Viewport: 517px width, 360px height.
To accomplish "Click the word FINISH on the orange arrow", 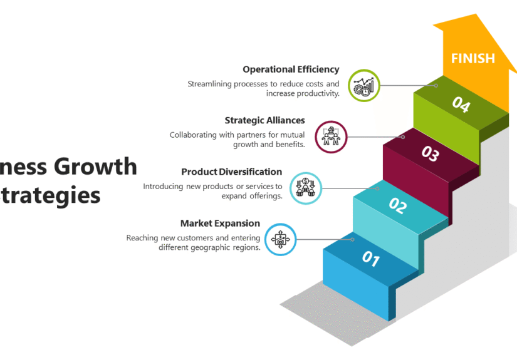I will pos(473,58).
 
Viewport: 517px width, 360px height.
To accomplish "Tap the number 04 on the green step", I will pos(461,104).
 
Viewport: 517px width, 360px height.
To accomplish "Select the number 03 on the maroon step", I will pos(430,153).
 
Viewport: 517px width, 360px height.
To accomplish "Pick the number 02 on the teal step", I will pos(399,205).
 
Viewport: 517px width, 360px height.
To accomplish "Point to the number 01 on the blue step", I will pos(370,258).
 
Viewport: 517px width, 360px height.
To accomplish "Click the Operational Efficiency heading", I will pos(291,69).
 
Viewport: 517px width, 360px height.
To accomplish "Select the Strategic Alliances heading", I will pos(264,120).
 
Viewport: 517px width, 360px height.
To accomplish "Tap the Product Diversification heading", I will pos(231,172).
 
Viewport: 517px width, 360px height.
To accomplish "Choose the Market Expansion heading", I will pos(220,223).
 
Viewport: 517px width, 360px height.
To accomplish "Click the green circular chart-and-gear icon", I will pos(364,86).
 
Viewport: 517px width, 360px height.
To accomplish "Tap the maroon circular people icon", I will pos(330,137).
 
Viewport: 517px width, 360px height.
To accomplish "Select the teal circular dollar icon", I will pos(306,187).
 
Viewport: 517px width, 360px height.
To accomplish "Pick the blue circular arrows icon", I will pos(280,239).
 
